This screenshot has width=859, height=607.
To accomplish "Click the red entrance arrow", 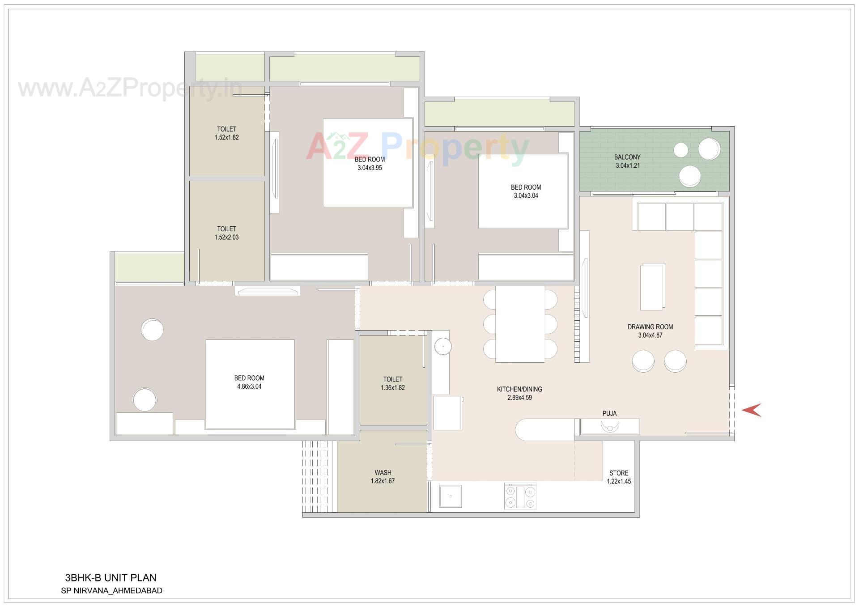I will pyautogui.click(x=752, y=410).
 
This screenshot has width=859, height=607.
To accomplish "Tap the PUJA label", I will pyautogui.click(x=609, y=414).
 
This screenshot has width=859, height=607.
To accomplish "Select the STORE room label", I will pyautogui.click(x=619, y=473).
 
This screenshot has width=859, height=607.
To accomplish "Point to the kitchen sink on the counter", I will pyautogui.click(x=451, y=497).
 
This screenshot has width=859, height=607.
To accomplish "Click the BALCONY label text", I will pyautogui.click(x=627, y=157).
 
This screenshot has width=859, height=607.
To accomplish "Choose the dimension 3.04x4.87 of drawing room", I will pyautogui.click(x=650, y=335).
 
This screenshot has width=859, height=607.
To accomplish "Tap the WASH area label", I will pyautogui.click(x=383, y=472).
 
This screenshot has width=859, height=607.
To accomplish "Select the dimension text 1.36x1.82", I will pyautogui.click(x=393, y=388).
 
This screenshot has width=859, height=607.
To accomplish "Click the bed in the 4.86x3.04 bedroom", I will pyautogui.click(x=250, y=384).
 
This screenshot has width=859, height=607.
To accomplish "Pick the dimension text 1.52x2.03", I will pyautogui.click(x=226, y=238).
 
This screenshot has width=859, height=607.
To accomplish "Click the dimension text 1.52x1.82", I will pyautogui.click(x=226, y=137).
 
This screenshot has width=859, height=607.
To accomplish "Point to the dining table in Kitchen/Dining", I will pyautogui.click(x=520, y=324).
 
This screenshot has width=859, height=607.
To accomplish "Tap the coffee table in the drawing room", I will pyautogui.click(x=652, y=286).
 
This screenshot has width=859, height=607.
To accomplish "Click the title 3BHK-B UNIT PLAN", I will pyautogui.click(x=111, y=577).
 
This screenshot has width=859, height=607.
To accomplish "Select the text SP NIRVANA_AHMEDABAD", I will pyautogui.click(x=111, y=590).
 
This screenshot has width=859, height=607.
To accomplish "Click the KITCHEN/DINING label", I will pyautogui.click(x=519, y=389).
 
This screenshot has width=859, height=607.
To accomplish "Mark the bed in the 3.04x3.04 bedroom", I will pyautogui.click(x=523, y=191).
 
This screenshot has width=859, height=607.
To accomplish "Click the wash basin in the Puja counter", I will pyautogui.click(x=609, y=426).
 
